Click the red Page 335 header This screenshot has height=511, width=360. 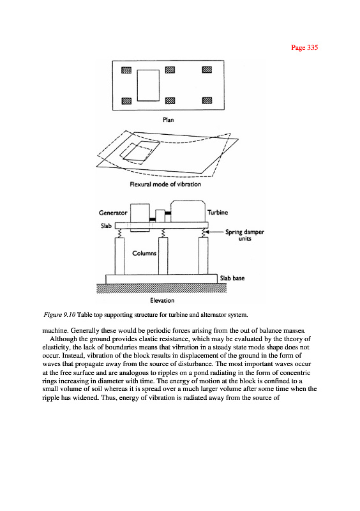(304, 47)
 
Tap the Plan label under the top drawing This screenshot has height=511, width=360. (168, 120)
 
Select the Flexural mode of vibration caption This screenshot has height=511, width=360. (165, 185)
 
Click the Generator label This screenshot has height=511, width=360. (113, 213)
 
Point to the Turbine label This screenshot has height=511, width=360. (218, 213)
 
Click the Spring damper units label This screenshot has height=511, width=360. (244, 235)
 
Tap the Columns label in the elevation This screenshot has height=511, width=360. (144, 253)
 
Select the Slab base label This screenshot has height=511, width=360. (232, 278)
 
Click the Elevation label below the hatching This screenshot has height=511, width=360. (162, 300)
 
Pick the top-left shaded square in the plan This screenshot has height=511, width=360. (126, 70)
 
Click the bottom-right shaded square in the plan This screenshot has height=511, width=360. (207, 100)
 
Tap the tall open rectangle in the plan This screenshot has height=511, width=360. (148, 86)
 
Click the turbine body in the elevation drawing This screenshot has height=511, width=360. (188, 211)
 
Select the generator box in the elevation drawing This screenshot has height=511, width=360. (140, 213)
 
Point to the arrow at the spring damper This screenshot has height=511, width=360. (214, 232)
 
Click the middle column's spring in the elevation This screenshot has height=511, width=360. (163, 233)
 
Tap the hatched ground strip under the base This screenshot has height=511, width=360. (161, 289)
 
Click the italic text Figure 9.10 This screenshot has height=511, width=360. (59, 315)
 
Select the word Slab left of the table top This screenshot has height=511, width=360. (106, 226)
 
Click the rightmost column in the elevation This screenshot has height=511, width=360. (203, 256)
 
